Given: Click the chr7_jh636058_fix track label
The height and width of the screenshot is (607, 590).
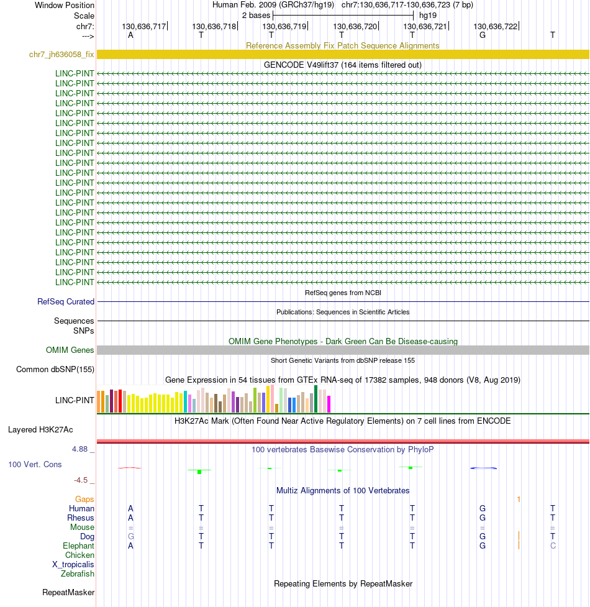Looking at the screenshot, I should (61, 55).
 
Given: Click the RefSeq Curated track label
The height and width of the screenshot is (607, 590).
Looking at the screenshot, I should (66, 302).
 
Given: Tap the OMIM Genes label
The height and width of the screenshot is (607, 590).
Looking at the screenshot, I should (70, 350).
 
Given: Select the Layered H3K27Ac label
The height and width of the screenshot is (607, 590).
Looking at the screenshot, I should (40, 429).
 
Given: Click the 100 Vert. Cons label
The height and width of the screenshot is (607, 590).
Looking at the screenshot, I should (35, 464).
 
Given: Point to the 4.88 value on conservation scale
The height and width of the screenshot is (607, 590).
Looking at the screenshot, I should (83, 449).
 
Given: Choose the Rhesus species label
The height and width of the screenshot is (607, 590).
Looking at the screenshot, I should (81, 518).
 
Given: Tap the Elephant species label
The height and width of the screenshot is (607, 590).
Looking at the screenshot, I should (79, 545).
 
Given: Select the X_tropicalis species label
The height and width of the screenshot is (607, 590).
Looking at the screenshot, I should (73, 564).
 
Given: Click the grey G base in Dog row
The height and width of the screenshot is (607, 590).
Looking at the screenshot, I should (130, 536).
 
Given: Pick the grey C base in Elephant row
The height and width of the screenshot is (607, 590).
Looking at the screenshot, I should (553, 545).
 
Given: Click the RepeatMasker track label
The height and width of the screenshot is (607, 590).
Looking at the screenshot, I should (68, 593).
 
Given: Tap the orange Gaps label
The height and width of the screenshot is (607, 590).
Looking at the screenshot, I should (84, 499).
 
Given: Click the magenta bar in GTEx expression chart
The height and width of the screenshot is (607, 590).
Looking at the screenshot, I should (329, 404).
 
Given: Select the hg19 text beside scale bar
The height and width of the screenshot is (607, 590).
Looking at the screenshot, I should (428, 15).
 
